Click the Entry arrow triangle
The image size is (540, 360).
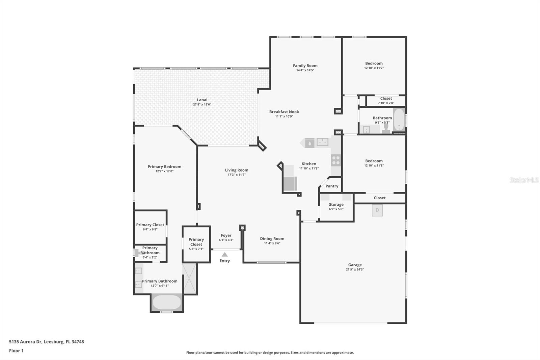pos(225,254)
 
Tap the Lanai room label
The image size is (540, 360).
pos(202,100)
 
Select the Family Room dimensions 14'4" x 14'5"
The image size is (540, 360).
pos(305,70)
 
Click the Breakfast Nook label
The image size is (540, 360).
pos(284,112)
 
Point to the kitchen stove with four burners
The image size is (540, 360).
pos(336,160)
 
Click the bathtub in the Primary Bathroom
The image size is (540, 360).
pos(167,302)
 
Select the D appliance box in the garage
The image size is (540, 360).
pos(377,210)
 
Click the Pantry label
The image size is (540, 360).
pos(332,186)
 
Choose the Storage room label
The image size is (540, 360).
pos(336,204)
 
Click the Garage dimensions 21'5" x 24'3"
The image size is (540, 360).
pos(355,269)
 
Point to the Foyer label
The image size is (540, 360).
pos(226,235)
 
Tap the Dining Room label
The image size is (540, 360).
pos(272,239)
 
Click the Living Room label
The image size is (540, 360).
pos(237,170)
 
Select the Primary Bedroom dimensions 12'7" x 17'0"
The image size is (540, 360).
pos(164,171)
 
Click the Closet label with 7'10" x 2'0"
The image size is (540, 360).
pos(386,99)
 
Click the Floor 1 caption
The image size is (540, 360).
pos(16,351)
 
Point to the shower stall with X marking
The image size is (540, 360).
pos(190,279)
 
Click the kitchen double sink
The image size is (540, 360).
pos(322,142)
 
